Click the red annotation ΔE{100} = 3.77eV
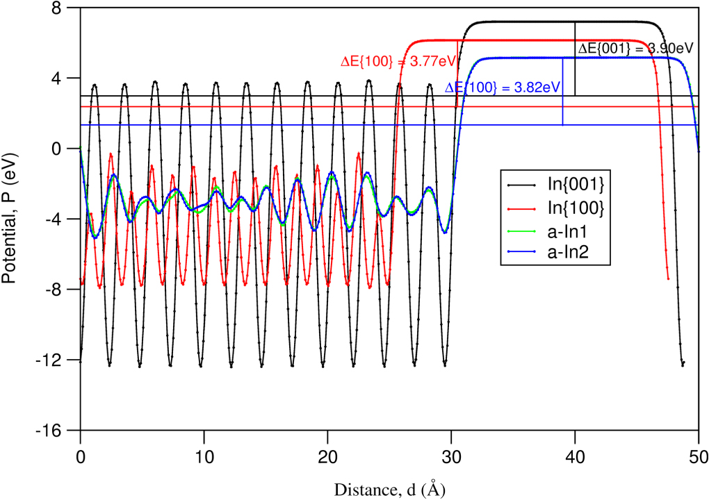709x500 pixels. tap(398, 62)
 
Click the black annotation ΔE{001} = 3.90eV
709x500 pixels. tap(636, 48)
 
